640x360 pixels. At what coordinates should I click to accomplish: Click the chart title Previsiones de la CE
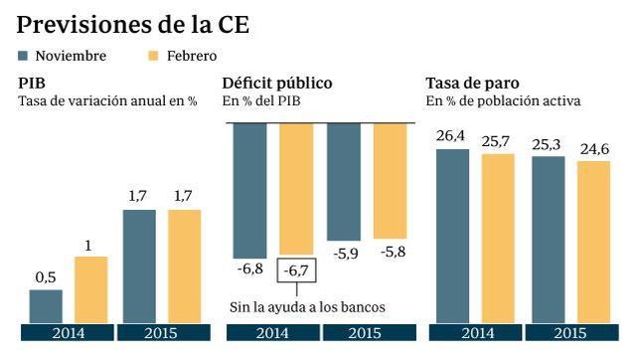(x=133, y=23)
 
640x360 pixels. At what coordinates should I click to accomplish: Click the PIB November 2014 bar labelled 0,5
(x=46, y=306)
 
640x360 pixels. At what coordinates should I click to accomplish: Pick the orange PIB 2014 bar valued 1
(x=90, y=289)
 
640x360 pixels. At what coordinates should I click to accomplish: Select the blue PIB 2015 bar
(x=139, y=266)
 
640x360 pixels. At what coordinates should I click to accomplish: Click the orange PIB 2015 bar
(x=184, y=266)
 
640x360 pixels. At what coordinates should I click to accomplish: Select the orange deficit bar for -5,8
(x=389, y=180)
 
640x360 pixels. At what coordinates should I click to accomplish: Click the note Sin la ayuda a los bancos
(x=307, y=306)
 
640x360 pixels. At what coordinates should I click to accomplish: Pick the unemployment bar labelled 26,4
(x=452, y=235)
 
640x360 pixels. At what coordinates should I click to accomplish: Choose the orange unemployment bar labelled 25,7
(x=498, y=238)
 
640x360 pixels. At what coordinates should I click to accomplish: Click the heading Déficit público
(x=276, y=84)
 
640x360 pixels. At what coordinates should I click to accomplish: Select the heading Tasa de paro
(x=469, y=84)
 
